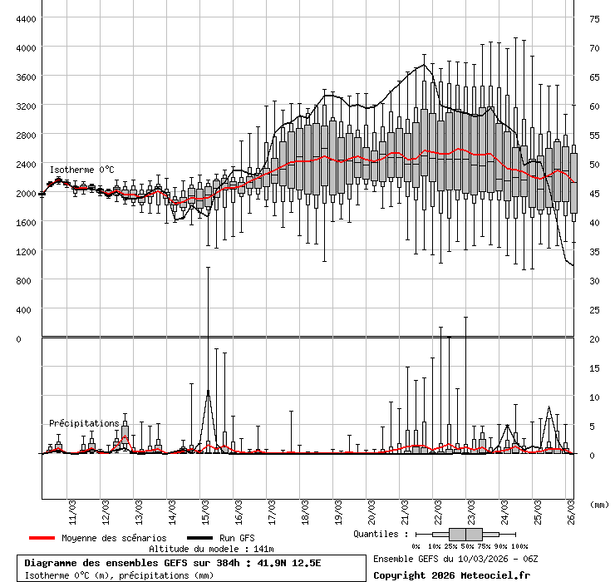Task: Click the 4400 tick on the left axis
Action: pos(26,18)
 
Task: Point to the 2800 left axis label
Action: pos(26,135)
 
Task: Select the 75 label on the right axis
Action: pos(594,18)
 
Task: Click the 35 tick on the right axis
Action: pos(594,251)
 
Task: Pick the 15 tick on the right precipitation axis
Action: pos(594,367)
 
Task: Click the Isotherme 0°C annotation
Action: pos(81,170)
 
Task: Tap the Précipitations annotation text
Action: pos(84,423)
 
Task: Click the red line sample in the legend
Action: pos(42,538)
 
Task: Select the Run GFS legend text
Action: pos(237,538)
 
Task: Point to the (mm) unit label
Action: pos(598,505)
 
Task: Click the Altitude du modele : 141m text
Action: pos(211,550)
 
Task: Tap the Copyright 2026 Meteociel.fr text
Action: pos(451,575)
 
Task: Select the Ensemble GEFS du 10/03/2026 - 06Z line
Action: pos(455,559)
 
